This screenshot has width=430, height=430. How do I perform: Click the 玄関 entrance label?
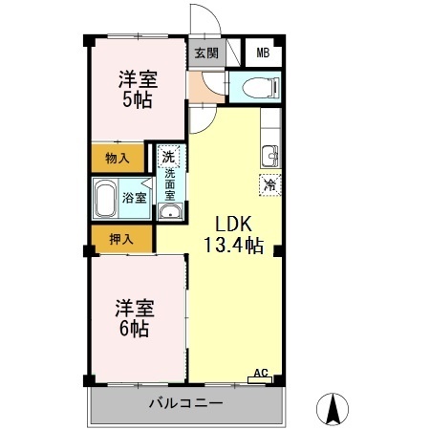pyautogui.click(x=206, y=53)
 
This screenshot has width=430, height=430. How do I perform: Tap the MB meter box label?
pyautogui.click(x=263, y=53)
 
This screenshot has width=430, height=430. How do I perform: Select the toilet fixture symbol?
pyautogui.click(x=261, y=87)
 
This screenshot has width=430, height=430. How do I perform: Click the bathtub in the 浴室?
pyautogui.click(x=105, y=199)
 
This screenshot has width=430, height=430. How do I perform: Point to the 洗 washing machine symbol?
pyautogui.click(x=168, y=156)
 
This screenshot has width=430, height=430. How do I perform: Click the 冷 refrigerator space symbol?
pyautogui.click(x=270, y=184)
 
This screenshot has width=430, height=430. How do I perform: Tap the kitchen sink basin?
pyautogui.click(x=270, y=156)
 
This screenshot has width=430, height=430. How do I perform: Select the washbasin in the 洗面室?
pyautogui.click(x=170, y=211)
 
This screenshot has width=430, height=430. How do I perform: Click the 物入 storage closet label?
pyautogui.click(x=118, y=158)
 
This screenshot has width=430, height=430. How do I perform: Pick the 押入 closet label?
pyautogui.click(x=121, y=239)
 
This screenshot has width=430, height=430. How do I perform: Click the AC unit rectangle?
pyautogui.click(x=260, y=379)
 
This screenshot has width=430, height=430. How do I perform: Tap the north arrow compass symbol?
pyautogui.click(x=333, y=409)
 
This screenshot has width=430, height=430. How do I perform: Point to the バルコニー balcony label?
pyautogui.click(x=186, y=403)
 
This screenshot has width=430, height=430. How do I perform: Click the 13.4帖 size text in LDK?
pyautogui.click(x=234, y=246)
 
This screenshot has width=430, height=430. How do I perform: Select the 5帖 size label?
pyautogui.click(x=138, y=99)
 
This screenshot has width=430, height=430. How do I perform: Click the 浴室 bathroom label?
pyautogui.click(x=135, y=198)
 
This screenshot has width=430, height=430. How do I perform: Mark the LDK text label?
pyautogui.click(x=234, y=224)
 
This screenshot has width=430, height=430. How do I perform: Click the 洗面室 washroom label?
pyautogui.click(x=170, y=184)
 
